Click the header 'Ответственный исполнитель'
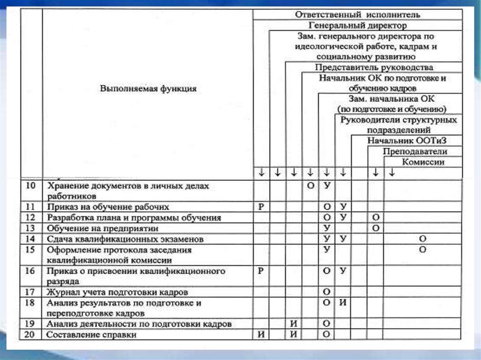(x=357, y=15)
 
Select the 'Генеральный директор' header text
(x=358, y=25)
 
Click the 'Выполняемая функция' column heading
(x=148, y=88)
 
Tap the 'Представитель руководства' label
(x=374, y=68)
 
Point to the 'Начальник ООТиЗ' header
(x=407, y=140)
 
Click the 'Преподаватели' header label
(x=415, y=151)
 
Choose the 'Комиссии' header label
(x=423, y=162)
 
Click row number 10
(x=31, y=186)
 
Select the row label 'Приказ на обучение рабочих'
(x=108, y=207)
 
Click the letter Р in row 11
(x=261, y=207)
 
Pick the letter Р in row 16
(x=261, y=271)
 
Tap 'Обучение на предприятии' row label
(x=102, y=228)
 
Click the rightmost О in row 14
(x=422, y=239)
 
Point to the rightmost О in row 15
(x=422, y=250)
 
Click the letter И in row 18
(x=343, y=303)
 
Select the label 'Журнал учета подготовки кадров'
(x=117, y=292)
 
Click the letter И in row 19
(x=294, y=324)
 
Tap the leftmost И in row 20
(x=261, y=335)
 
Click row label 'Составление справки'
(x=92, y=335)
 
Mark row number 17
(x=31, y=292)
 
